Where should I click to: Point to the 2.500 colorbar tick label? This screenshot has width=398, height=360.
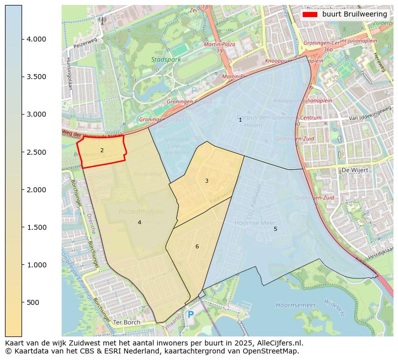36,152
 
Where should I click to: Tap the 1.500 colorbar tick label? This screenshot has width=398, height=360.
36,227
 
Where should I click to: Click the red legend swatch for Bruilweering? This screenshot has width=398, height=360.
310,15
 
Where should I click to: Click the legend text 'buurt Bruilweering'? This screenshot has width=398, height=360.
354,15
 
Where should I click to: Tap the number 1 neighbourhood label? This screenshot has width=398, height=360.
240,120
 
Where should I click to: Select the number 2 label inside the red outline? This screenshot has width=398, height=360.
102,150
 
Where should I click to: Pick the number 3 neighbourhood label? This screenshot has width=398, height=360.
207,181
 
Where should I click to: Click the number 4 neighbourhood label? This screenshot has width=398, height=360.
139,222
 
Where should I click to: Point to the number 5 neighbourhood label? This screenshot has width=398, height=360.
275,229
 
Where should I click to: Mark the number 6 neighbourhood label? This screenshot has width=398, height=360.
197,246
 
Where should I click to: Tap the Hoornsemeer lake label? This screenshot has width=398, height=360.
296,305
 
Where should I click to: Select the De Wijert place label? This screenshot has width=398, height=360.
354,170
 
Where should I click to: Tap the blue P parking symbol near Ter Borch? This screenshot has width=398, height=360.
190,315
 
